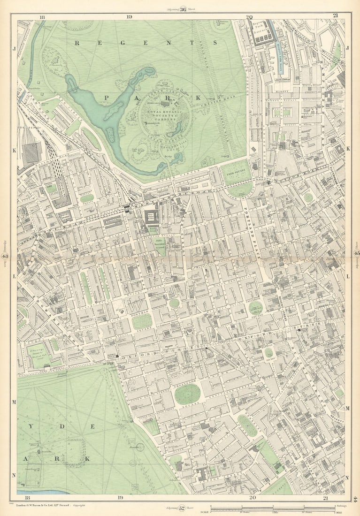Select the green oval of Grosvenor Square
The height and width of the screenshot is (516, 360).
[187, 394]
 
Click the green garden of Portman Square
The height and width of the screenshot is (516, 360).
[142, 321]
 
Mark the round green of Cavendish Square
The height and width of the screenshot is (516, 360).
[256, 308]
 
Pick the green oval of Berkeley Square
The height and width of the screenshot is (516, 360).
[247, 425]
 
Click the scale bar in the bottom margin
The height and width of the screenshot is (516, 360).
[272, 508]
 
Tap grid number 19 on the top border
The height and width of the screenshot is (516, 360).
[129, 16]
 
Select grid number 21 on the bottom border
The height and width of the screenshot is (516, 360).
[325, 498]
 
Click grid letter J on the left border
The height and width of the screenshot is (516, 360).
[14, 48]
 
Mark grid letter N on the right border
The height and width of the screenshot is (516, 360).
[348, 478]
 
